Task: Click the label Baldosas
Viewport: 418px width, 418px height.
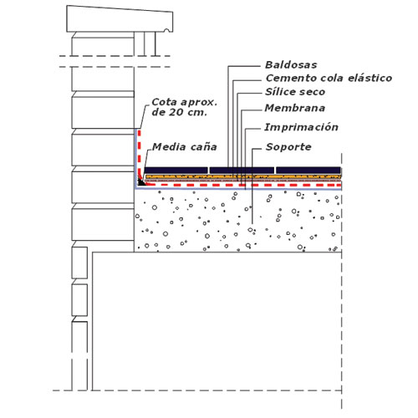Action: click(x=291, y=65)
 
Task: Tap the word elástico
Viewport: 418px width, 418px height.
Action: click(x=370, y=78)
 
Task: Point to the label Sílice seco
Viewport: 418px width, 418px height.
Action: click(x=295, y=92)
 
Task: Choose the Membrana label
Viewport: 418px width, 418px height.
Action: click(x=295, y=108)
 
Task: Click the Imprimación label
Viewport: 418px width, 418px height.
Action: click(x=301, y=127)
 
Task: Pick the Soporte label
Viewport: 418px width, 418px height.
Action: click(x=288, y=147)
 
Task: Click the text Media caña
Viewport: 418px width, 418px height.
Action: click(x=185, y=146)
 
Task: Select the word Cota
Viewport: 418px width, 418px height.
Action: click(x=164, y=102)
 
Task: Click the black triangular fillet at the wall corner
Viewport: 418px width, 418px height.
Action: click(x=141, y=182)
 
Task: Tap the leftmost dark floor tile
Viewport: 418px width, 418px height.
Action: click(x=176, y=171)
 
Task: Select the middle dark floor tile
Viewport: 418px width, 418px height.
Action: click(x=242, y=171)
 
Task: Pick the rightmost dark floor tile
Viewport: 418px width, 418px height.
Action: click(x=308, y=171)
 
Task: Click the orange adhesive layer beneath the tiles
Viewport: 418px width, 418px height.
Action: click(x=242, y=176)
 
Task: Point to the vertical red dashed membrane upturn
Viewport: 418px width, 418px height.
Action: click(x=140, y=154)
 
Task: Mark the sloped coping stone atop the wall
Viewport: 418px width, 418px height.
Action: click(x=120, y=19)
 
